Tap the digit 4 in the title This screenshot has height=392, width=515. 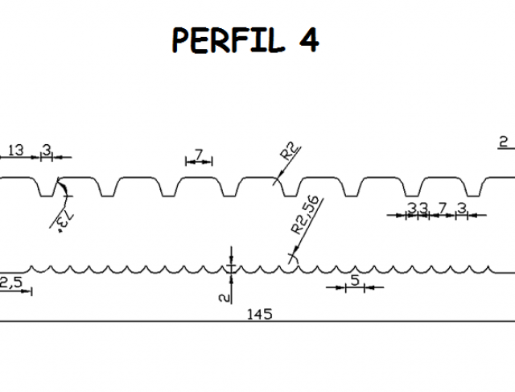[x=308, y=39]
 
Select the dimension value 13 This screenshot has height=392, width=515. [x=15, y=149]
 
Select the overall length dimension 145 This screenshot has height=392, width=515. [x=260, y=314]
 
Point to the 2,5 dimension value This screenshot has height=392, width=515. [x=10, y=281]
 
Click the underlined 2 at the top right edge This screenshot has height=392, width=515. [x=504, y=142]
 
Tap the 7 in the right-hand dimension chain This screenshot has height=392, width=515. [x=442, y=208]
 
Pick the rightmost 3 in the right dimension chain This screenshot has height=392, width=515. [x=462, y=208]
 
